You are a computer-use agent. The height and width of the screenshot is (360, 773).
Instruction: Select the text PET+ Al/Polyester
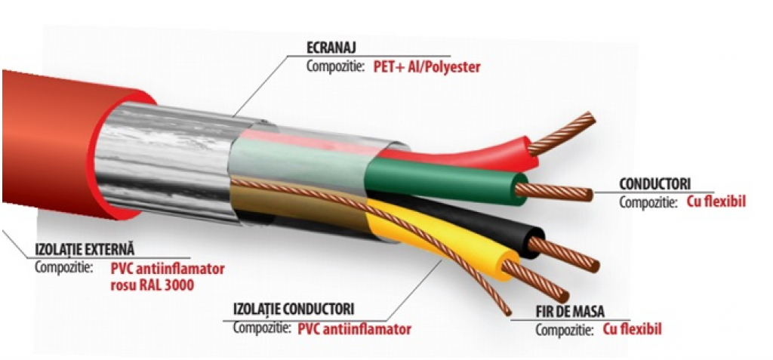[427, 66]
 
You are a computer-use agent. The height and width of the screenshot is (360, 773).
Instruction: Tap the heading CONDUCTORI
[654, 183]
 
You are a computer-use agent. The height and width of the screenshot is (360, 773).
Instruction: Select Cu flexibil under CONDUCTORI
[716, 202]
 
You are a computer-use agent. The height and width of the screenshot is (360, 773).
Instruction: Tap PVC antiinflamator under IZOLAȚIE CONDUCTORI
[355, 329]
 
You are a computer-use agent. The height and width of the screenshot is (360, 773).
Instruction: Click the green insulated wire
[445, 178]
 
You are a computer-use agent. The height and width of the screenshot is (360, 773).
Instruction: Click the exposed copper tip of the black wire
[570, 255]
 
